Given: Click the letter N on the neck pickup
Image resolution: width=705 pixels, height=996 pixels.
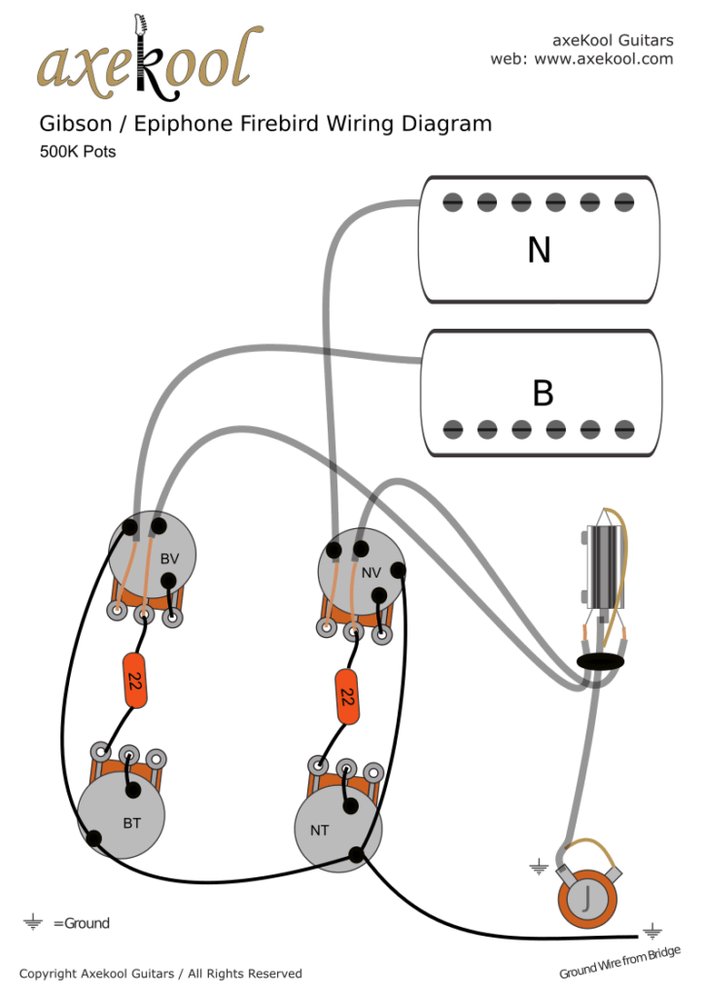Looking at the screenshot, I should click(539, 251).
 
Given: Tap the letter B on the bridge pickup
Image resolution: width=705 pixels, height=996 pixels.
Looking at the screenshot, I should click(543, 393).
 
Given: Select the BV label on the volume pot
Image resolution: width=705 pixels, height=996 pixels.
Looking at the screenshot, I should click(169, 558).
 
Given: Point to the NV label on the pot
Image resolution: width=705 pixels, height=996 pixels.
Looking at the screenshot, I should click(370, 573).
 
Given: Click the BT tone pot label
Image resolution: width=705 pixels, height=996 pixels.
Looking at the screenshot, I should click(132, 823).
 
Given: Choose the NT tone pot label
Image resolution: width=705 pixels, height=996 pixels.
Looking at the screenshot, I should click(318, 830).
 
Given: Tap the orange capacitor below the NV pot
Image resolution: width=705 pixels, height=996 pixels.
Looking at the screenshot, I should click(345, 696).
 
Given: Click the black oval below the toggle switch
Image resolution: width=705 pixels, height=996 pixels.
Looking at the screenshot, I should click(599, 662).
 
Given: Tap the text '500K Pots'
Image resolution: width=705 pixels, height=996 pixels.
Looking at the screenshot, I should click(78, 152).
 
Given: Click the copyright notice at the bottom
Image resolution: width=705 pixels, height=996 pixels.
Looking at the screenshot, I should click(160, 974).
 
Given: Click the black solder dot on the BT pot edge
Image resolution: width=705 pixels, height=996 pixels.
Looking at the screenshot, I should click(94, 838).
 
